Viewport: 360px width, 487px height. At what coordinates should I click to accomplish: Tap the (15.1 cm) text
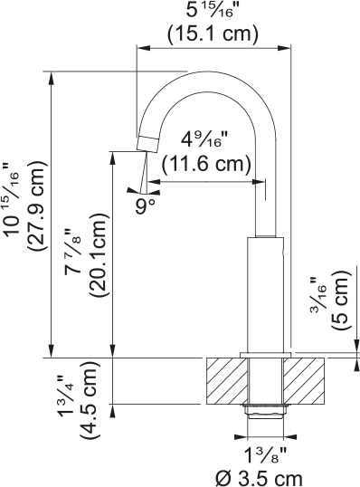[x=213, y=33]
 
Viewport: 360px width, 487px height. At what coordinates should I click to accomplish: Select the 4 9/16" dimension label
[x=205, y=139]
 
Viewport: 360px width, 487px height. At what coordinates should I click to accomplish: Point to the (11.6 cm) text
[x=206, y=164]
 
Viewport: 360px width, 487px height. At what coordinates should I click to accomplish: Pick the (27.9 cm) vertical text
[x=38, y=206]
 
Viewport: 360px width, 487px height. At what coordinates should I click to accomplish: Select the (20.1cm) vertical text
[x=99, y=255]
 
